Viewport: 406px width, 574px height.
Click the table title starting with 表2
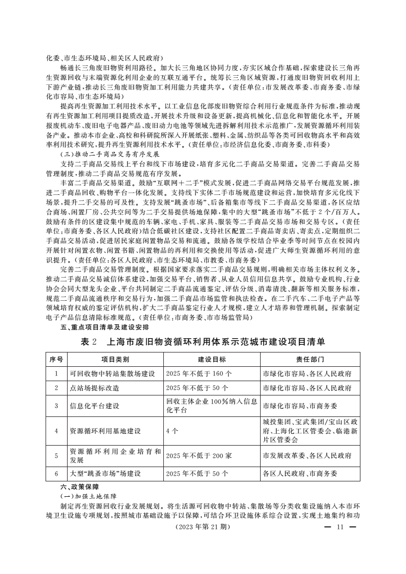point(203,342)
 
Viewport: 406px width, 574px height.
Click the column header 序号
point(56,360)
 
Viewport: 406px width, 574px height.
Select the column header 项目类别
point(115,360)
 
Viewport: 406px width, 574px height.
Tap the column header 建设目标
point(211,360)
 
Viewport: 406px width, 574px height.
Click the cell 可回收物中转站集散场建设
point(112,374)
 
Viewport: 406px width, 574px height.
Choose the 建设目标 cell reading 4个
point(172,431)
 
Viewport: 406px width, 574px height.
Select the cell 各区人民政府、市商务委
point(300,474)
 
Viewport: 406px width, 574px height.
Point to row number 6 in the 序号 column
point(56,474)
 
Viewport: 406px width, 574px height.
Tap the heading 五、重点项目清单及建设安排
point(97,328)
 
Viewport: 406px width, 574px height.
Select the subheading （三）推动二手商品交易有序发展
point(111,154)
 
